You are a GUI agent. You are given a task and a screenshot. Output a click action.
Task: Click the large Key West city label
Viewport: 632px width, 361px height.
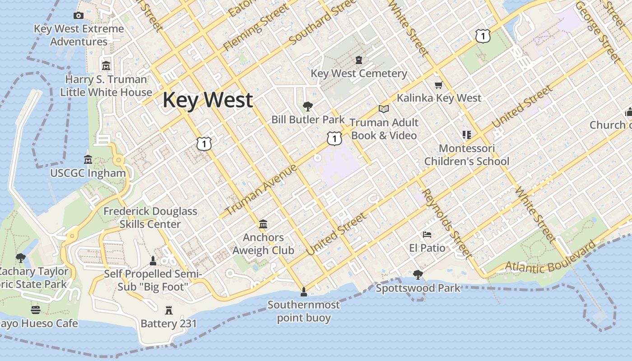coord(207,100)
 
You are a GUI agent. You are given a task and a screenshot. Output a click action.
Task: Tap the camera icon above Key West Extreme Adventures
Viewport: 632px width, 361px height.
coord(79,16)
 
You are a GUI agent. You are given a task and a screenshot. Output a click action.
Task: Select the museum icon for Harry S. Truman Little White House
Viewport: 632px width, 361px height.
coord(106,66)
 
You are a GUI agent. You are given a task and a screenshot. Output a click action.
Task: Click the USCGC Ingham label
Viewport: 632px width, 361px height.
coord(88,173)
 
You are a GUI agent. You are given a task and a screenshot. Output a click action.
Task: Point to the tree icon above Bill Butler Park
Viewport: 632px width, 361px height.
coord(308,106)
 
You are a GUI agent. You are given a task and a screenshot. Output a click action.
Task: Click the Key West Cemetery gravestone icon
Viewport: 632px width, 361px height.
coord(359,60)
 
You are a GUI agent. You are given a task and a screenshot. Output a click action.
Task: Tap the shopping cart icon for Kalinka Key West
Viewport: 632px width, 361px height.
coord(438,85)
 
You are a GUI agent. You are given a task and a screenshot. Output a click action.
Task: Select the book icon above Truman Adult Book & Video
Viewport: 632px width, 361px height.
coord(384,109)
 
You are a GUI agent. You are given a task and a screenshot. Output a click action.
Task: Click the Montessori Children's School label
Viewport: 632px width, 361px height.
coord(467,155)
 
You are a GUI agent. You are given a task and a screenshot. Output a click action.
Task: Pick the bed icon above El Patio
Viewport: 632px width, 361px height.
coord(427,235)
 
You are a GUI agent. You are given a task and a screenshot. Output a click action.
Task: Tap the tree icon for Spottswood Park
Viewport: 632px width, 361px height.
coord(418,274)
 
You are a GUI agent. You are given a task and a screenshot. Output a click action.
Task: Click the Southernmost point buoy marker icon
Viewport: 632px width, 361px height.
coord(304,292)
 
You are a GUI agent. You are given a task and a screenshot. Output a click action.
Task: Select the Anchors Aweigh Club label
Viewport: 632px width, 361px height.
coord(263,244)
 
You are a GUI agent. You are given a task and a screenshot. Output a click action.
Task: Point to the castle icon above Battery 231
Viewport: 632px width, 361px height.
coord(169,310)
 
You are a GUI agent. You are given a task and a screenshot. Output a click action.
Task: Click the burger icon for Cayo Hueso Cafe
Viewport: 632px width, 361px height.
coord(36,310)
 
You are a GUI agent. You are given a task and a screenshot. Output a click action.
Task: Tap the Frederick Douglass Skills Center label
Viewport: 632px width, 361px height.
coord(150,218)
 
